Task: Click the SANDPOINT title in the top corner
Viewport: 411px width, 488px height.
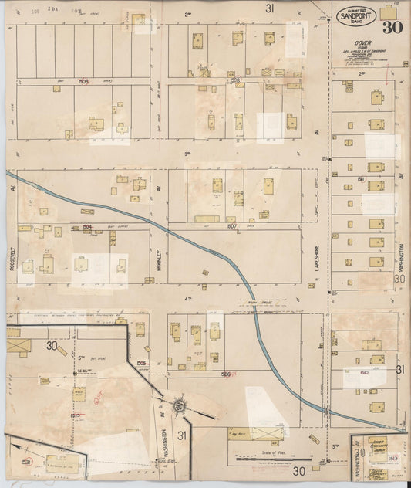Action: pos(358,13)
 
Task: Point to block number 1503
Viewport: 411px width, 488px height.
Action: pos(84,80)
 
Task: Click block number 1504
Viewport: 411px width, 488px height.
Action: pos(87,227)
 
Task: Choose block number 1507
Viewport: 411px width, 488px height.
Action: pos(233,227)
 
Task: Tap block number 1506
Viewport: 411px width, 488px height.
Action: pos(225,374)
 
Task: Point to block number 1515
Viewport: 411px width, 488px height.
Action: pos(76,415)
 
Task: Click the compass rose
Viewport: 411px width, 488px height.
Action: pos(179,404)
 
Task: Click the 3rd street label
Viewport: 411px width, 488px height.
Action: pos(187,154)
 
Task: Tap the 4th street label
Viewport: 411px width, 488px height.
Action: pos(187,298)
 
